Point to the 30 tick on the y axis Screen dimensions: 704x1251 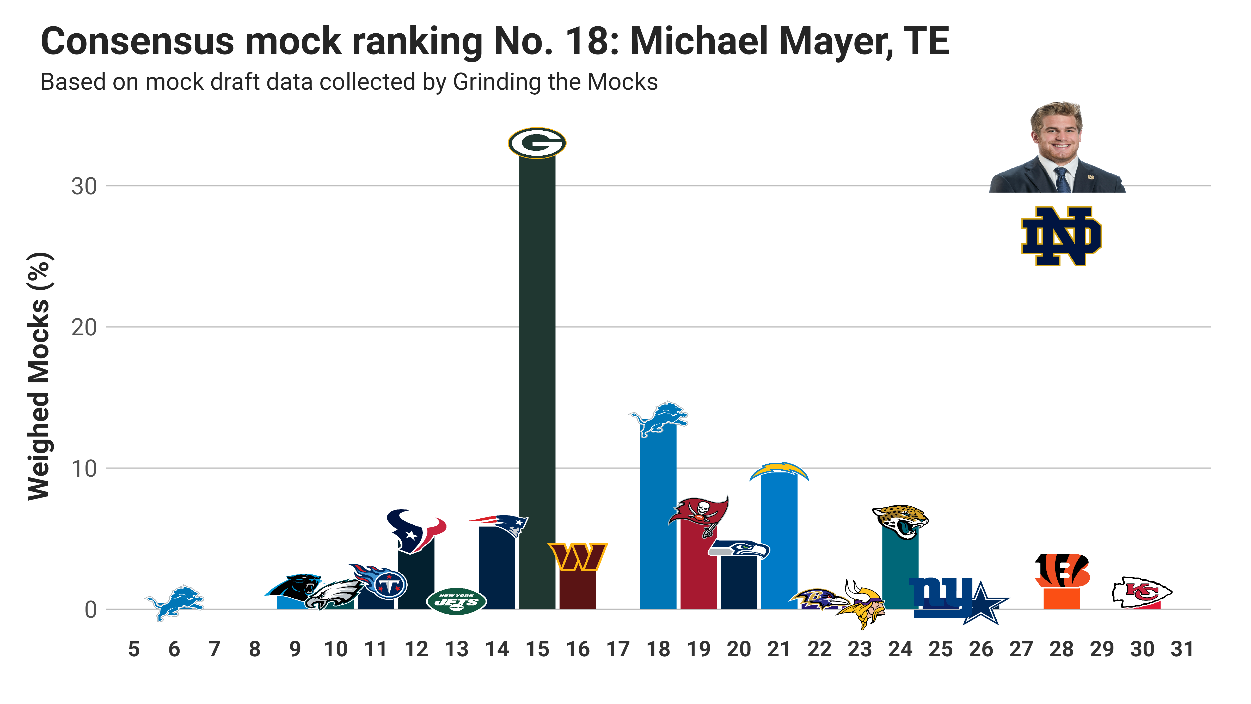84,187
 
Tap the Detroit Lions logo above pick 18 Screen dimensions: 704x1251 659,419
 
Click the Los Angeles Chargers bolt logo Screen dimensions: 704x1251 779,471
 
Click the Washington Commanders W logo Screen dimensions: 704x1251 578,557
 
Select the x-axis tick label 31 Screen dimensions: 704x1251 1182,649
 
